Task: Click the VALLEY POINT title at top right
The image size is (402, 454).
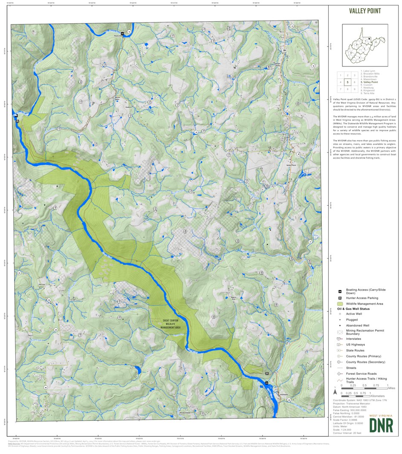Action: [x=364, y=11]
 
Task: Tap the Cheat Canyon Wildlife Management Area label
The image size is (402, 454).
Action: [x=171, y=324]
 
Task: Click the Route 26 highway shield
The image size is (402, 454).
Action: [x=284, y=50]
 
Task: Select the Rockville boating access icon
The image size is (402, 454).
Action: [x=122, y=33]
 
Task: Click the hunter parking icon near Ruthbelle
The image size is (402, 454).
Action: [x=267, y=373]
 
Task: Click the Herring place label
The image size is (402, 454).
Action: [x=41, y=284]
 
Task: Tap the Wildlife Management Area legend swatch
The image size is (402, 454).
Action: [x=340, y=304]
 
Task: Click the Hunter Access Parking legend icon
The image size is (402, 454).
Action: [x=340, y=298]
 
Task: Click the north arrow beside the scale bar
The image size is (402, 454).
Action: [x=335, y=388]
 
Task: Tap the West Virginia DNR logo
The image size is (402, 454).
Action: [x=381, y=423]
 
